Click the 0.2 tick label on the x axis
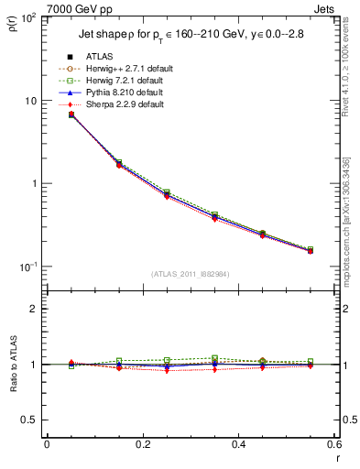(142, 444)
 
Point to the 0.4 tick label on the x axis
(238, 444)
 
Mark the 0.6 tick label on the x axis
(333, 444)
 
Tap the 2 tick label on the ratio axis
(34, 309)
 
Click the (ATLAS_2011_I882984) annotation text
(190, 274)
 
